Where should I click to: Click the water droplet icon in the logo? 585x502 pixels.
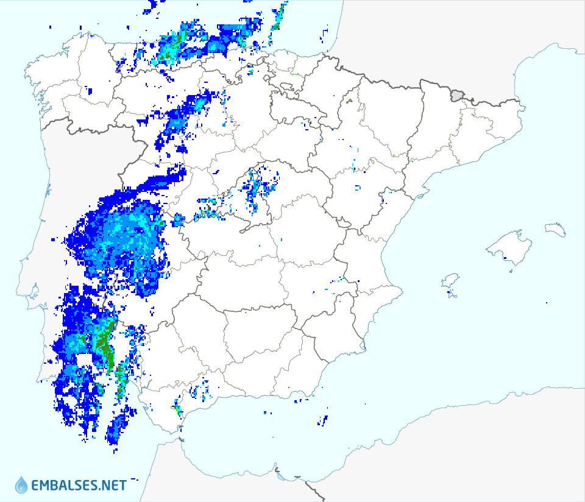pyautogui.click(x=21, y=485)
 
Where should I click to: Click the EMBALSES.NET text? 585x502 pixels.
pyautogui.click(x=79, y=486)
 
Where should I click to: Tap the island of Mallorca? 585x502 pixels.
pyautogui.click(x=508, y=247)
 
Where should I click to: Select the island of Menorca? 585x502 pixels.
pyautogui.click(x=556, y=229)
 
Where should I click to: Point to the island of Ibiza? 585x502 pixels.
pyautogui.click(x=450, y=281)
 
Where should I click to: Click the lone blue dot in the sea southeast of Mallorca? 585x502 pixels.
pyautogui.click(x=547, y=303)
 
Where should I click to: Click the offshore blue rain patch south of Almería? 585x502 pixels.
pyautogui.click(x=322, y=419)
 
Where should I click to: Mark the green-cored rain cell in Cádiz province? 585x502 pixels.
pyautogui.click(x=177, y=408)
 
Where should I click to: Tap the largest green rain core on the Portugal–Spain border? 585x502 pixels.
pyautogui.click(x=105, y=344)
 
